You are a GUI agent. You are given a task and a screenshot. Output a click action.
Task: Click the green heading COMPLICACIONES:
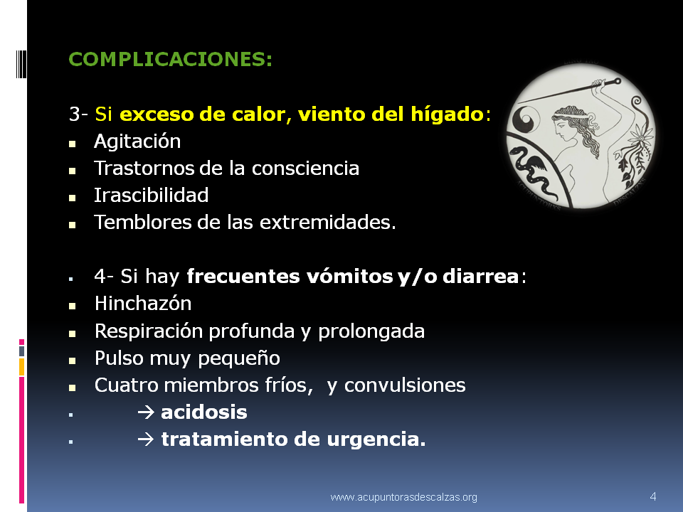pyautogui.click(x=170, y=59)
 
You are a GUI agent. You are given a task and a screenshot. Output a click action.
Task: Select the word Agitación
pyautogui.click(x=137, y=141)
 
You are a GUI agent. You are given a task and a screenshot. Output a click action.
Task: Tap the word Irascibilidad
pyautogui.click(x=151, y=195)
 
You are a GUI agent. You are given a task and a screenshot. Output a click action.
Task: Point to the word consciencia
pyautogui.click(x=305, y=168)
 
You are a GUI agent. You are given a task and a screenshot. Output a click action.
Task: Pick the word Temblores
pyautogui.click(x=142, y=222)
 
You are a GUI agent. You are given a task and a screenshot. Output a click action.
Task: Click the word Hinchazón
pyautogui.click(x=143, y=303)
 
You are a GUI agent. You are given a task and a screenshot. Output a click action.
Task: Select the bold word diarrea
pyautogui.click(x=480, y=276)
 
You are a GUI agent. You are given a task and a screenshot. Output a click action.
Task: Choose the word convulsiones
pyautogui.click(x=405, y=385)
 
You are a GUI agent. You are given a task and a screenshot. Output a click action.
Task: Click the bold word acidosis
pyautogui.click(x=204, y=412)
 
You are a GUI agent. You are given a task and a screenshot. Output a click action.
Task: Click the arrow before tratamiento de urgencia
pyautogui.click(x=145, y=439)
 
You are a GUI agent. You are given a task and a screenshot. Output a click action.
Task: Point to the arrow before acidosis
pyautogui.click(x=145, y=412)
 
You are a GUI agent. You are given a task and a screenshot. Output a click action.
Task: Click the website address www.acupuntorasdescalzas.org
pyautogui.click(x=404, y=497)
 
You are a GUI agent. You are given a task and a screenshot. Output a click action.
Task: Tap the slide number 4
pyautogui.click(x=652, y=496)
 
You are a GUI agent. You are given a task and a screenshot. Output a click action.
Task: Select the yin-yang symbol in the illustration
pyautogui.click(x=526, y=119)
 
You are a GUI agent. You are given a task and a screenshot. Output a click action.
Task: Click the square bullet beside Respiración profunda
pyautogui.click(x=72, y=334)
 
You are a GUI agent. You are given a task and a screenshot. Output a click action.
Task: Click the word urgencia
pyautogui.click(x=376, y=439)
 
